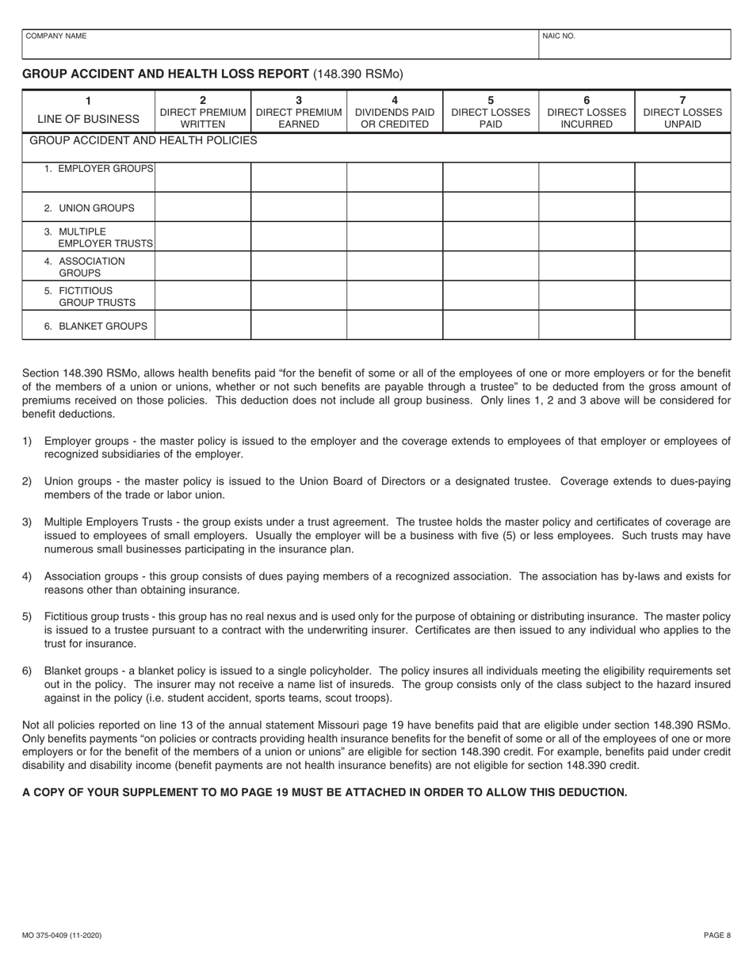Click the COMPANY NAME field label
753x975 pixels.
coord(55,36)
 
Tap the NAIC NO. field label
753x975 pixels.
coord(559,36)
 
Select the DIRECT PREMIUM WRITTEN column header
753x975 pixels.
coord(203,112)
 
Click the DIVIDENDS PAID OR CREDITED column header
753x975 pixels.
coord(395,112)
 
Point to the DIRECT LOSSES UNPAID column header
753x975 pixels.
coord(682,112)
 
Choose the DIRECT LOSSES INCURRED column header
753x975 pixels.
coord(587,112)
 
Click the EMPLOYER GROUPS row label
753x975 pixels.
coord(99,169)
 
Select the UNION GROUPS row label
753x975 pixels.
coord(90,208)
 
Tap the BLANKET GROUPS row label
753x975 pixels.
coord(96,326)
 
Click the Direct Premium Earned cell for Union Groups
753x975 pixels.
coord(299,207)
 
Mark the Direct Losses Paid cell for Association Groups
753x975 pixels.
coord(491,266)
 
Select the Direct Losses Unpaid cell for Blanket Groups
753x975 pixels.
coord(682,325)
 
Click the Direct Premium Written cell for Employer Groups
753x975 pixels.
coord(203,177)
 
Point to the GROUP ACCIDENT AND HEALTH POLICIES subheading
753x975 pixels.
coord(143,141)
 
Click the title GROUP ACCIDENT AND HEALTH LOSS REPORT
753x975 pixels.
coord(166,74)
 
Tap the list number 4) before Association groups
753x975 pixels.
coord(27,576)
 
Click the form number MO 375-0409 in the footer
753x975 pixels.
coord(62,935)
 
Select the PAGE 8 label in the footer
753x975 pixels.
coord(717,935)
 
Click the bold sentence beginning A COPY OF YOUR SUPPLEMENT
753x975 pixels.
coord(324,792)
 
